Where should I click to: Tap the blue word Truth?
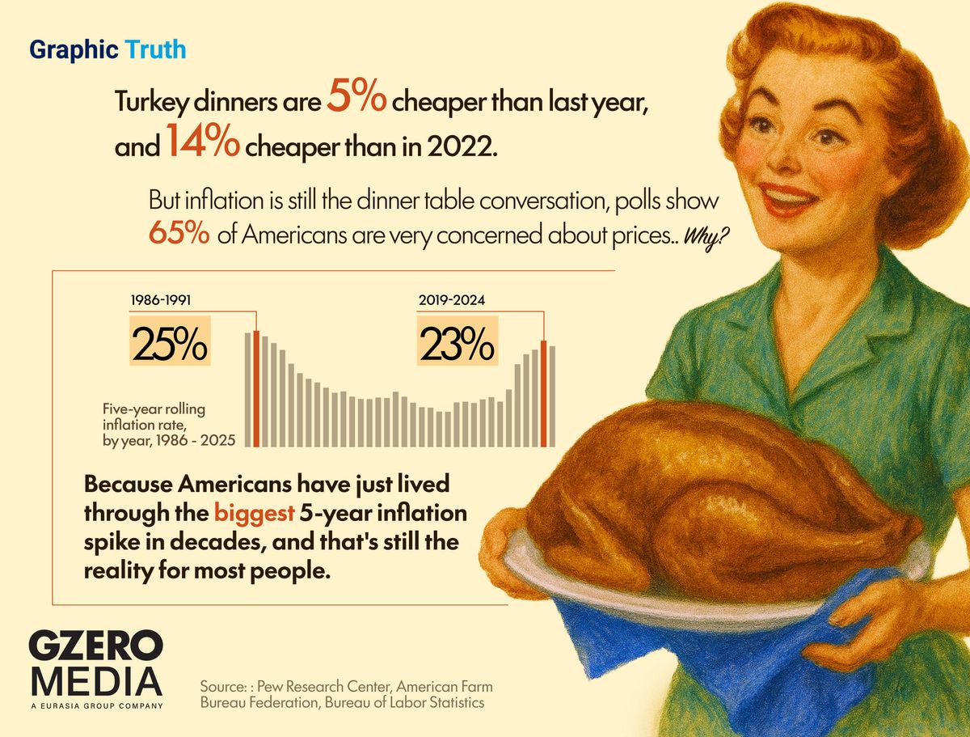click(x=155, y=50)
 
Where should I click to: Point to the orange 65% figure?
click(x=180, y=235)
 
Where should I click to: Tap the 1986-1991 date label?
click(x=162, y=301)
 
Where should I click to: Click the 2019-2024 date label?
click(x=451, y=301)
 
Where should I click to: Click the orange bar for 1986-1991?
click(x=256, y=388)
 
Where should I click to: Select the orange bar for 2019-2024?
click(x=544, y=394)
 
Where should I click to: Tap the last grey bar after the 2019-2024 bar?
click(x=553, y=396)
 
